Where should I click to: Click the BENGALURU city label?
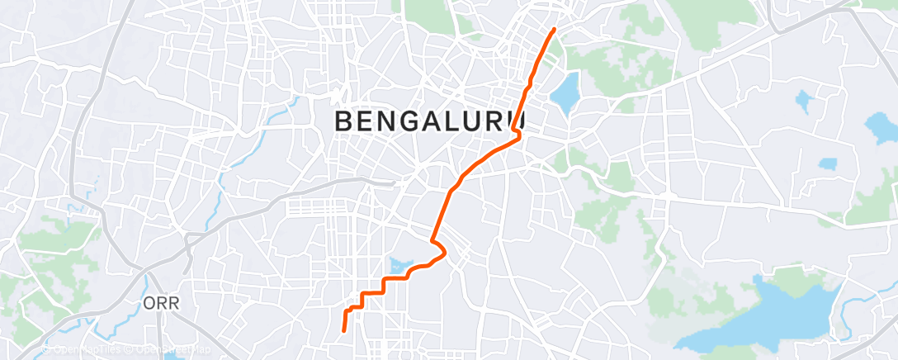tap(430, 121)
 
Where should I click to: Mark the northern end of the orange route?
tap(553, 29)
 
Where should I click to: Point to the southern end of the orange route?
tap(343, 331)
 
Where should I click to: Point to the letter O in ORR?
tap(147, 304)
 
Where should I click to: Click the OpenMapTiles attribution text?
tap(86, 349)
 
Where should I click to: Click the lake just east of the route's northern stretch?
tap(565, 93)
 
